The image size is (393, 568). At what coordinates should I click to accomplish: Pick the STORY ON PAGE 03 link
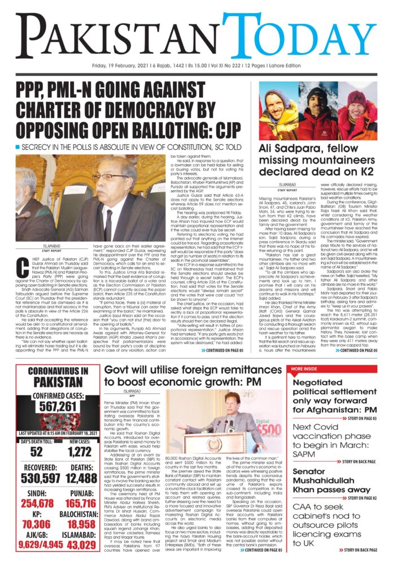coord(362,418)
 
